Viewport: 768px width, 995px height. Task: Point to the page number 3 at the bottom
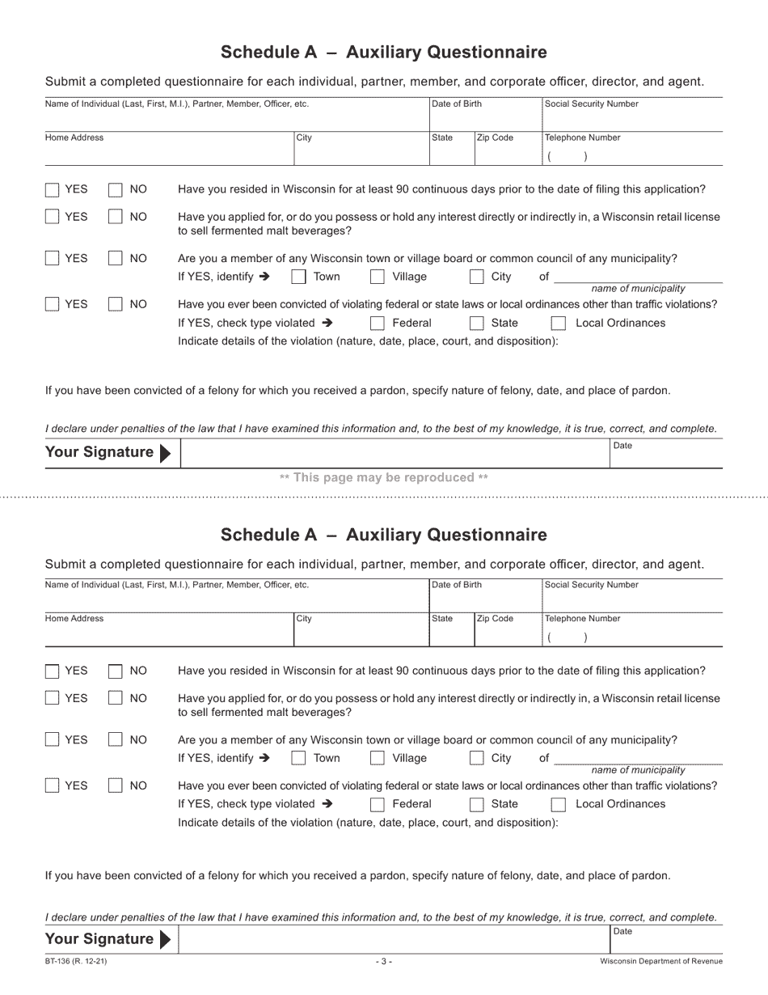[384, 961]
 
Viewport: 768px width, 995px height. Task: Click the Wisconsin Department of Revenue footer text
[661, 961]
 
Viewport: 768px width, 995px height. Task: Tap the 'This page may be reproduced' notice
[384, 477]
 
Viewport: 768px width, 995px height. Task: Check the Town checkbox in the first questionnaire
[298, 277]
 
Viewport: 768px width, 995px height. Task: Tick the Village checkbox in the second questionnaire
[377, 759]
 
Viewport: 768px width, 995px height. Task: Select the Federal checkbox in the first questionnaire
[377, 324]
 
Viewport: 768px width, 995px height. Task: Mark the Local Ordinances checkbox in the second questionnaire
[558, 805]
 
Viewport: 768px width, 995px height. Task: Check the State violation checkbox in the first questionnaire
[477, 324]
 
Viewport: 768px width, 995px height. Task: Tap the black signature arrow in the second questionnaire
[166, 939]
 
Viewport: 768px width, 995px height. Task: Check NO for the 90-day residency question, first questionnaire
[116, 190]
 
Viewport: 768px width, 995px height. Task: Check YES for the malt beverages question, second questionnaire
[53, 699]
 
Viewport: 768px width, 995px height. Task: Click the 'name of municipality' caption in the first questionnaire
[638, 289]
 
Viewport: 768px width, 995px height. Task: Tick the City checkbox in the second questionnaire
[477, 759]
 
